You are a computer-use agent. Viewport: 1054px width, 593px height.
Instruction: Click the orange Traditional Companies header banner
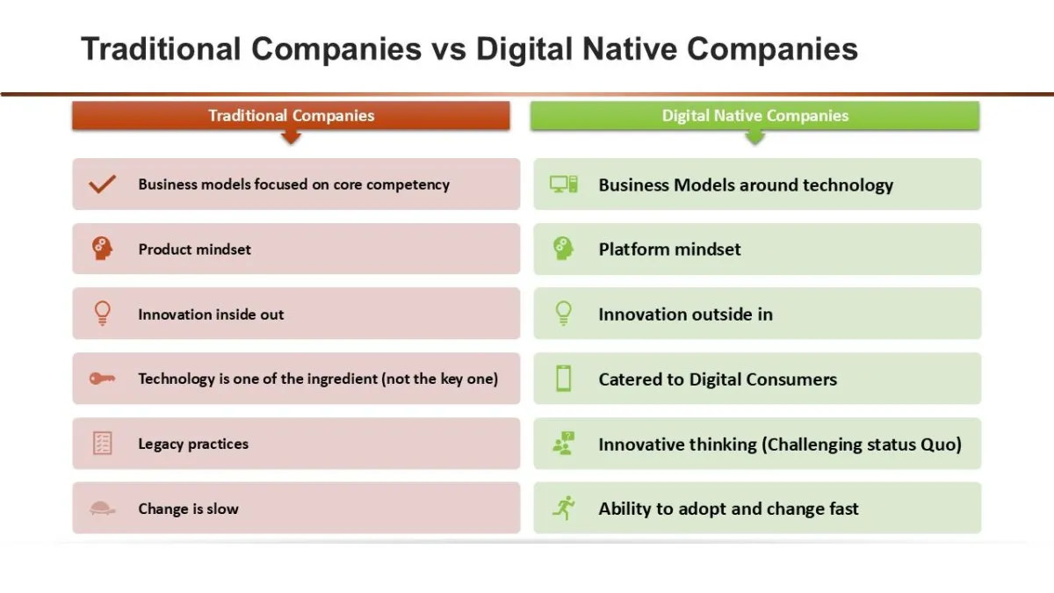pyautogui.click(x=291, y=115)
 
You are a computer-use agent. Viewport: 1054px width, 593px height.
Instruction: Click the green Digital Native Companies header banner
pyautogui.click(x=754, y=115)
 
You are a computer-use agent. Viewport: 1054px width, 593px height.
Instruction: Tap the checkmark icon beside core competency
pyautogui.click(x=102, y=184)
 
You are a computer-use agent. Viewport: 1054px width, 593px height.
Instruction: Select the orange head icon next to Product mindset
pyautogui.click(x=102, y=249)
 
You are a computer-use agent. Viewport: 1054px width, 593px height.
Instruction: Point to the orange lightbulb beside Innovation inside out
pyautogui.click(x=102, y=314)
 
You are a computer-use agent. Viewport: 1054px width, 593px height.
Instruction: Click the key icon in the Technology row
pyautogui.click(x=102, y=379)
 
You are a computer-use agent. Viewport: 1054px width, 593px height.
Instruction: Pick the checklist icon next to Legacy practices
pyautogui.click(x=102, y=444)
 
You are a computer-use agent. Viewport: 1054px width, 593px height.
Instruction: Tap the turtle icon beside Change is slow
pyautogui.click(x=102, y=509)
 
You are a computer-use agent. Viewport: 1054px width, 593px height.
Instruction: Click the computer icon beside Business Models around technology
pyautogui.click(x=563, y=184)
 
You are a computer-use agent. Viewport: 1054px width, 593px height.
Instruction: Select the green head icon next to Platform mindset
pyautogui.click(x=563, y=249)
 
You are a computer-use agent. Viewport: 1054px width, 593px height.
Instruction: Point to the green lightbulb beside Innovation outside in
pyautogui.click(x=563, y=314)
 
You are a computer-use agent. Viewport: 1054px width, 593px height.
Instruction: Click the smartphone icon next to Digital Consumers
pyautogui.click(x=563, y=379)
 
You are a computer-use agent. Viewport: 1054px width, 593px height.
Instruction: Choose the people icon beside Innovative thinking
pyautogui.click(x=563, y=444)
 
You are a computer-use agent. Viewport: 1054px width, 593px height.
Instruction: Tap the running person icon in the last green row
pyautogui.click(x=564, y=508)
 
